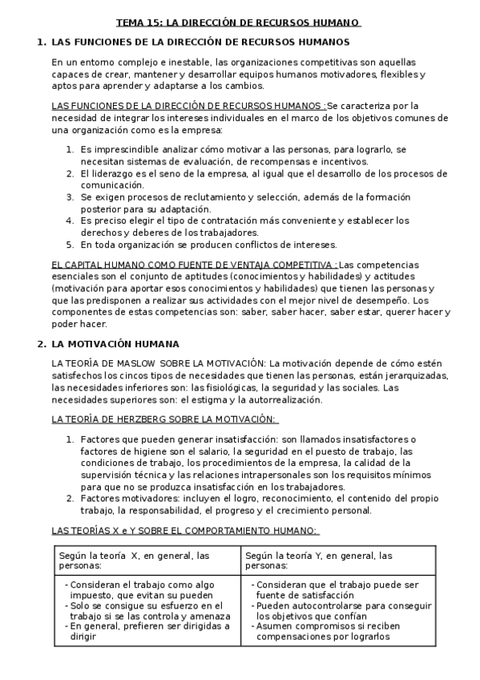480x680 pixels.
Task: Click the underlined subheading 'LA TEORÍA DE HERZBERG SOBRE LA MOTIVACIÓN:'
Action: (x=163, y=419)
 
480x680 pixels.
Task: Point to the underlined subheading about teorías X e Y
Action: (x=184, y=530)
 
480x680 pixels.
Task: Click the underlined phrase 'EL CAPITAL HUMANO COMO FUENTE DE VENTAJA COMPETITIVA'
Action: (x=192, y=265)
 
